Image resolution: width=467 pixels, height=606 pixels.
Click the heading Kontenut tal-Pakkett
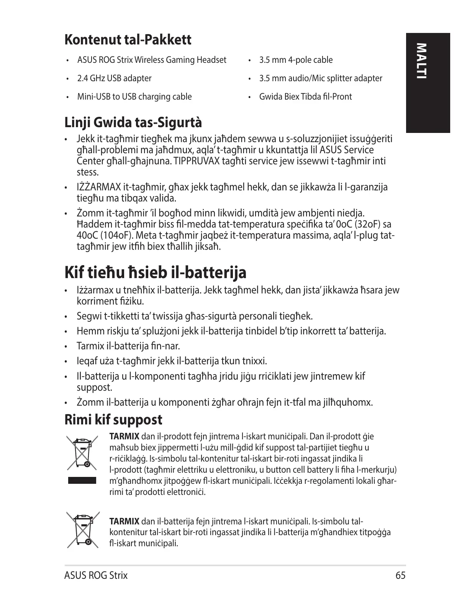click(x=128, y=39)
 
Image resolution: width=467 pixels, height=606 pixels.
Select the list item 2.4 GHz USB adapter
click(x=114, y=78)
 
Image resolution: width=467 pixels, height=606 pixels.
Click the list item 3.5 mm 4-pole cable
click(x=296, y=60)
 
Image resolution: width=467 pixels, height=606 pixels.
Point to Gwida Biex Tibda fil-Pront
click(x=305, y=97)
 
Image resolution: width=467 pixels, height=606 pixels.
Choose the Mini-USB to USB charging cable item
click(x=134, y=97)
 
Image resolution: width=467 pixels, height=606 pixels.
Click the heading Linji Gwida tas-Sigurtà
click(x=133, y=123)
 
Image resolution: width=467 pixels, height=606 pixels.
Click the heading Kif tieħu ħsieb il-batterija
click(x=155, y=273)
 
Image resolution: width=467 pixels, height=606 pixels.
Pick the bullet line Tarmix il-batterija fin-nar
click(x=128, y=346)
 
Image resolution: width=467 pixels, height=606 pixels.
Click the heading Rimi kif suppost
click(x=113, y=419)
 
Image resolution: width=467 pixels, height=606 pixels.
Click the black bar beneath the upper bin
click(x=82, y=480)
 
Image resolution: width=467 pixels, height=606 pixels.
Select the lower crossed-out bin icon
click(x=82, y=530)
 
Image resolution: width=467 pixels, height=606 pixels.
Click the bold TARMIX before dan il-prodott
click(x=125, y=437)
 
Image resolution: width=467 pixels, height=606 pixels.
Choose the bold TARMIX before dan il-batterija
click(x=125, y=521)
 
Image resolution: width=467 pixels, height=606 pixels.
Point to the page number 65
click(x=400, y=575)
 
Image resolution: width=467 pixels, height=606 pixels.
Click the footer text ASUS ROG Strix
click(x=96, y=575)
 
